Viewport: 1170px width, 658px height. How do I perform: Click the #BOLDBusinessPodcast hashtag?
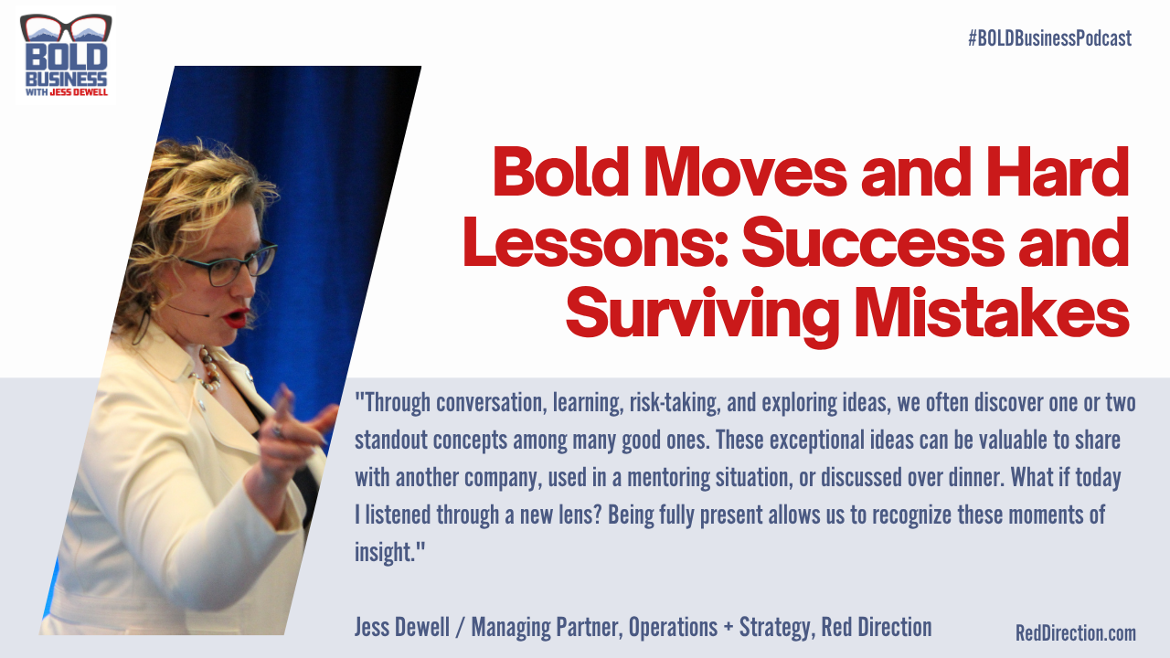point(1049,38)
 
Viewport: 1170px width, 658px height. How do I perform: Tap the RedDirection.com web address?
point(1075,632)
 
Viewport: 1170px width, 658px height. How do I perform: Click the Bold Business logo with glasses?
point(65,57)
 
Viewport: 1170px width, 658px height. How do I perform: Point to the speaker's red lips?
point(236,317)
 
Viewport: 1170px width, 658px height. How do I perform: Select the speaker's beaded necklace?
point(209,368)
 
